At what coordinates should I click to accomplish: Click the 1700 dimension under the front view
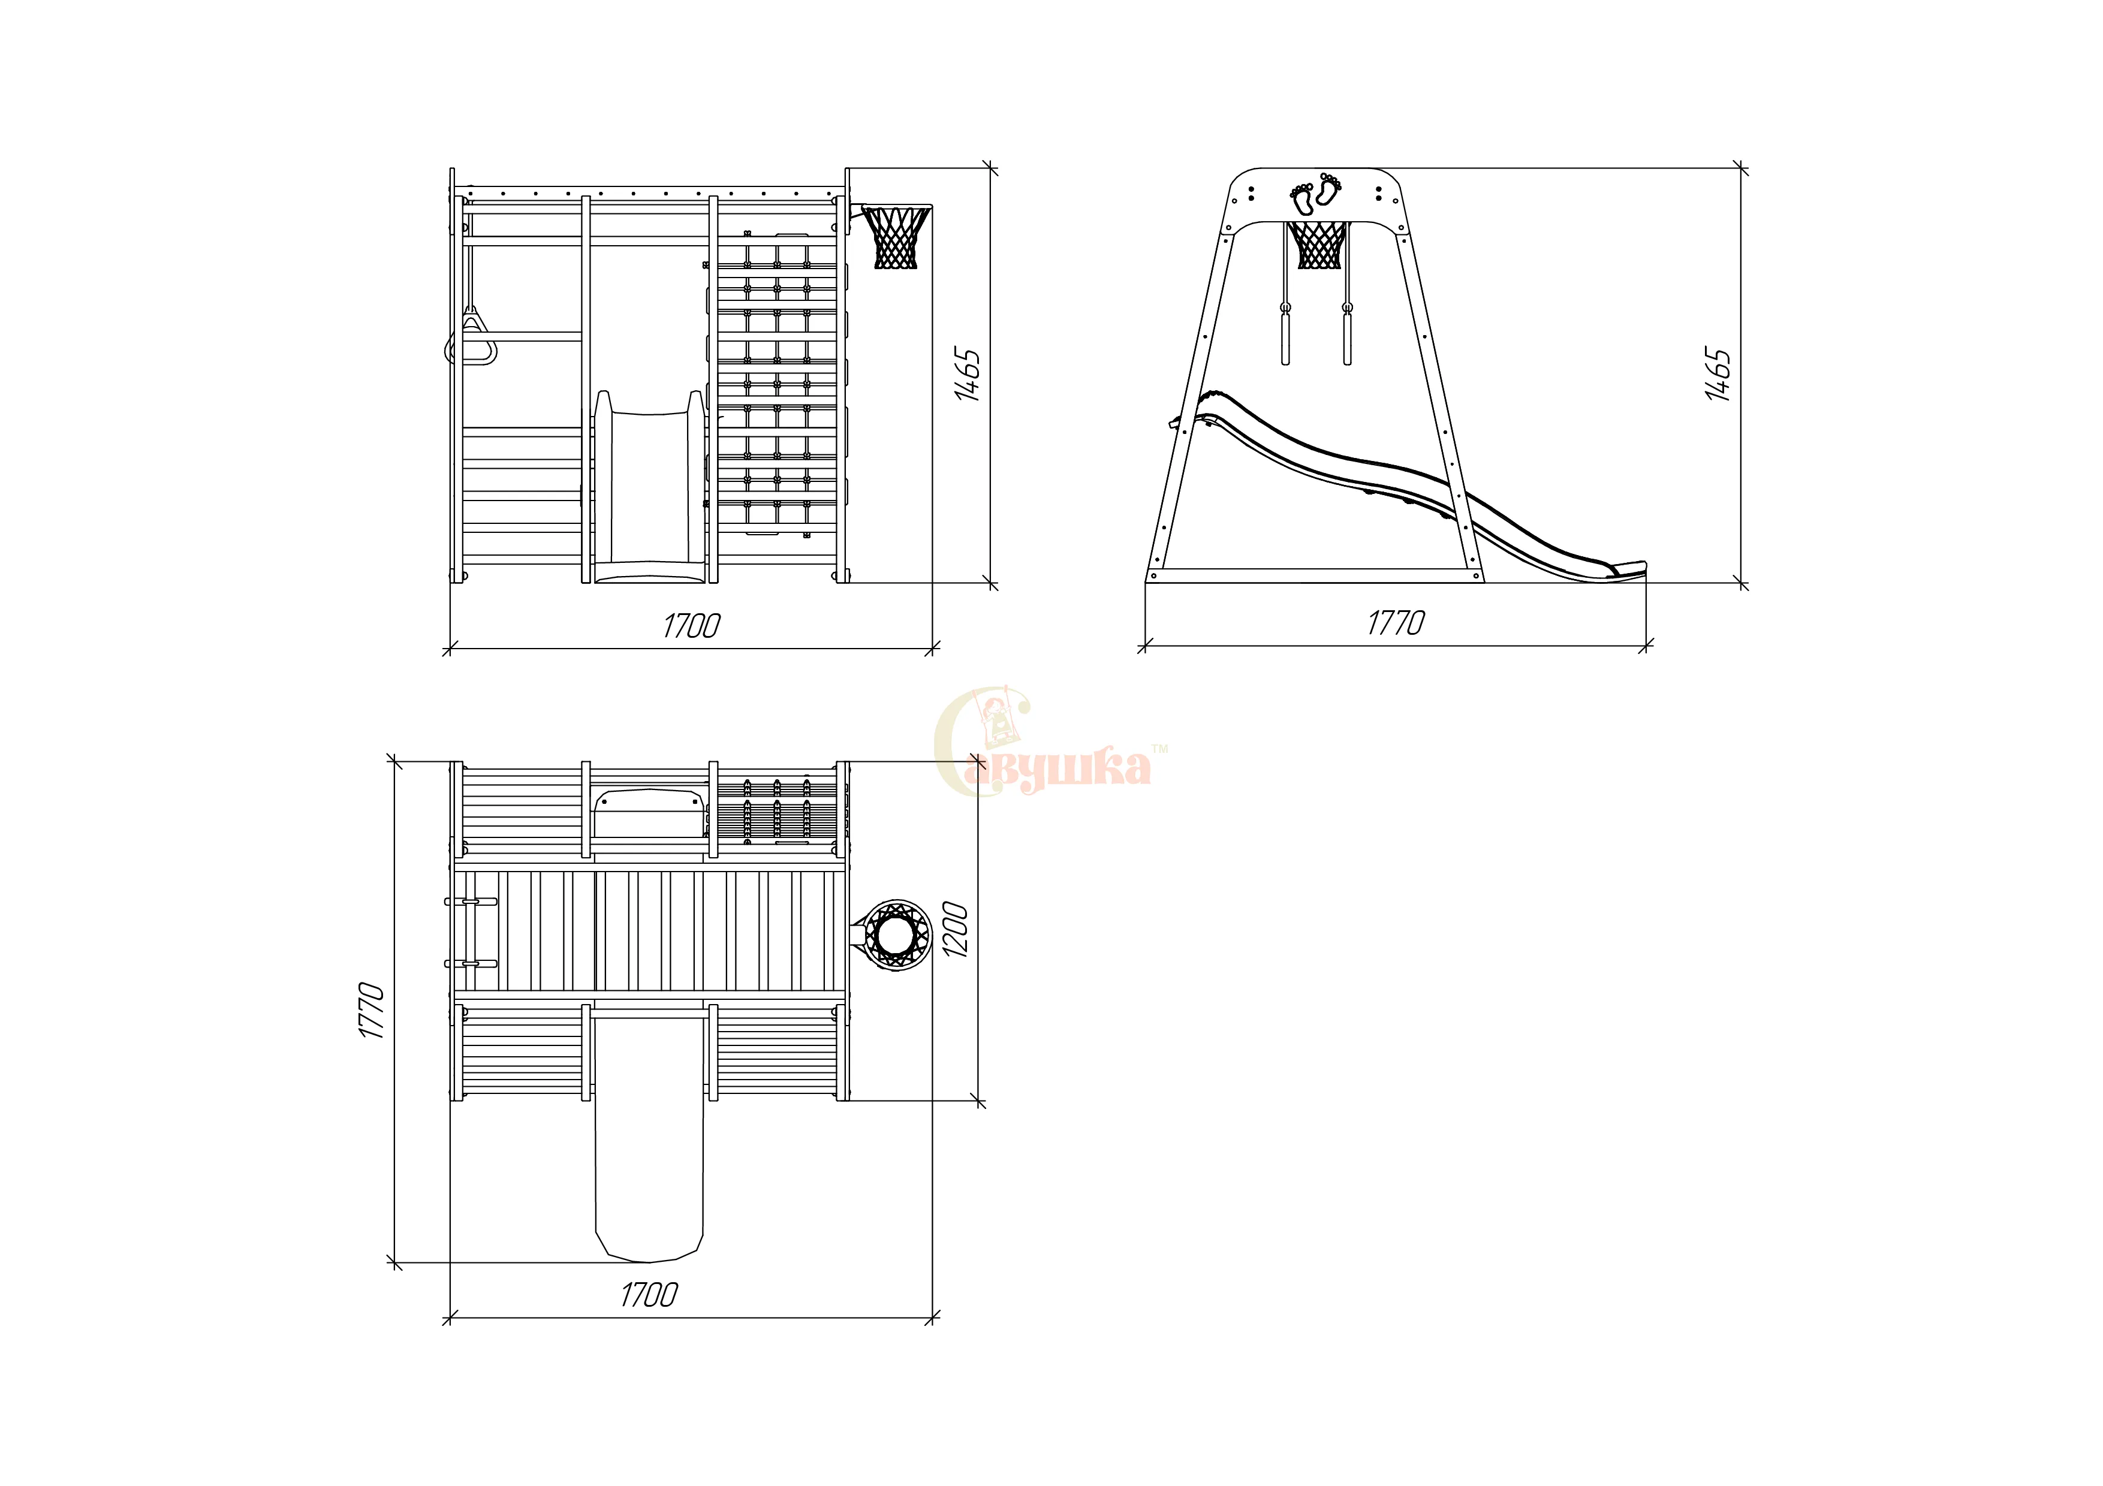692,626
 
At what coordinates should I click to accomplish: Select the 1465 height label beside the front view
967,373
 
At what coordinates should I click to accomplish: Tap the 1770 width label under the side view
1396,623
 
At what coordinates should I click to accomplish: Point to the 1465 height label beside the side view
1718,373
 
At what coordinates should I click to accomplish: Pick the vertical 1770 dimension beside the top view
371,1010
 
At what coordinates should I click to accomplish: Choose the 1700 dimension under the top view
649,1295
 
